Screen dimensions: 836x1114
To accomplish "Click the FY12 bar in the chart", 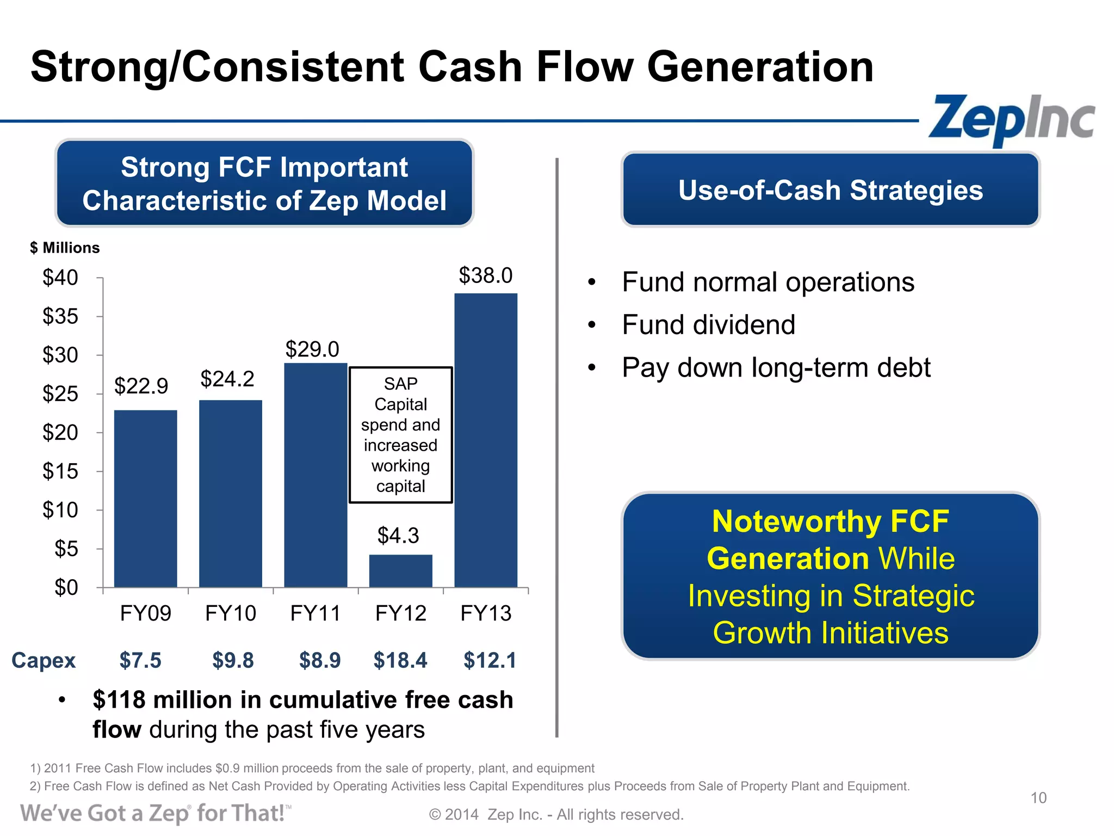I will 400,571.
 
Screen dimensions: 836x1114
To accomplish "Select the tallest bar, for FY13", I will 486,441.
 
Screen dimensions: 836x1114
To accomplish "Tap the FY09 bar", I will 145,498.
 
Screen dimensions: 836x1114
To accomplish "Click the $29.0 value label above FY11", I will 312,349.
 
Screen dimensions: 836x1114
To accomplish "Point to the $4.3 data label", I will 398,536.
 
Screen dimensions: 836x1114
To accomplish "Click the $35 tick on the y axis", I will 60,316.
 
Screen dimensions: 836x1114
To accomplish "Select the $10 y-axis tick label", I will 60,510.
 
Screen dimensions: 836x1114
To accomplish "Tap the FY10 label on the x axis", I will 231,613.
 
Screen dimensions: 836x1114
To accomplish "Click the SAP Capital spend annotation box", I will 400,434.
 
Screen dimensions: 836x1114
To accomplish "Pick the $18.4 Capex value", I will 400,660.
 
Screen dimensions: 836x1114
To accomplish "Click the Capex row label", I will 44,660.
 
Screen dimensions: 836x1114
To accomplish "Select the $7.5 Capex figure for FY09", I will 140,660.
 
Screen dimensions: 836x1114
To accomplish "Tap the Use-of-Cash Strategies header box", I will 830,190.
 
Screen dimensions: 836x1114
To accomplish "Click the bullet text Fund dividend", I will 708,325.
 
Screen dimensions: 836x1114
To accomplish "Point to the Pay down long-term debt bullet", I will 776,367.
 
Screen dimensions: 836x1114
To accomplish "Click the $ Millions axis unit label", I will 65,248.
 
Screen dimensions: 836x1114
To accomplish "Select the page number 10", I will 1038,798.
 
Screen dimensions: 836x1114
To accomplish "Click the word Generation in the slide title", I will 759,67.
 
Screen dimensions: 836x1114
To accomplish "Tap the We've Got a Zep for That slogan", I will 155,813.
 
